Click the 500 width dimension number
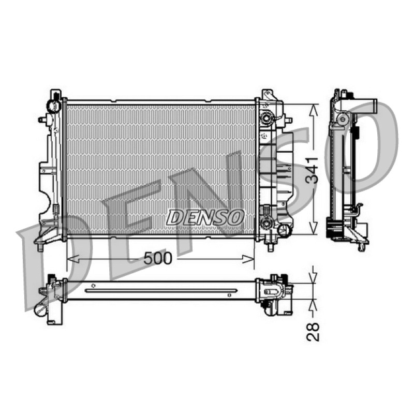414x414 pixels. (158, 258)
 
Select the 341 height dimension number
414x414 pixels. (312, 171)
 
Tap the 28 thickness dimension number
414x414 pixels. (313, 332)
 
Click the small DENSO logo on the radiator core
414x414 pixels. (205, 217)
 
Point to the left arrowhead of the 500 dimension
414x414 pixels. (73, 259)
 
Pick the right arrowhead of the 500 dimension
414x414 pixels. (248, 259)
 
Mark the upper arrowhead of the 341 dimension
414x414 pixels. (314, 110)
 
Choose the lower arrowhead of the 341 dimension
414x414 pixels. (314, 228)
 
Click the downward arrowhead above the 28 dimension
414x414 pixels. (314, 278)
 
